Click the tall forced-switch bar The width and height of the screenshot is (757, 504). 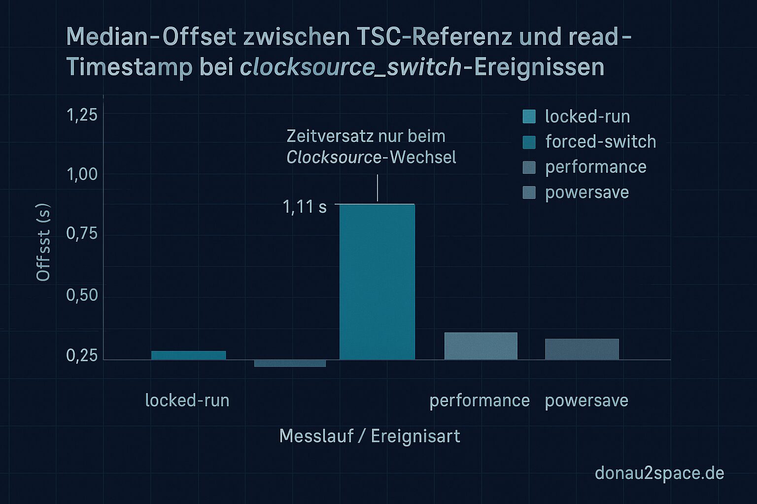click(x=377, y=282)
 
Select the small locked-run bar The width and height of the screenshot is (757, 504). click(x=188, y=355)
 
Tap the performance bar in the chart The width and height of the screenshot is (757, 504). click(x=481, y=346)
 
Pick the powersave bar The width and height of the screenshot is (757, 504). click(x=582, y=349)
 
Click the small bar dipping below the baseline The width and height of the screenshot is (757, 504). click(x=290, y=363)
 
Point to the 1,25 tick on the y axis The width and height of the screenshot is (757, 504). click(x=82, y=115)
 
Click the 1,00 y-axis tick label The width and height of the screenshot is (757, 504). click(x=82, y=174)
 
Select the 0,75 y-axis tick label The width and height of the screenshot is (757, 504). click(x=82, y=234)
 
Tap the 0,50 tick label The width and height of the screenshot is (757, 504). click(x=82, y=295)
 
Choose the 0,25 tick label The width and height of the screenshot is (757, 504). click(x=82, y=355)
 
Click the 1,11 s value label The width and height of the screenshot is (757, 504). click(x=305, y=207)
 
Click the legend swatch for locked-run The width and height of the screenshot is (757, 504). click(x=529, y=117)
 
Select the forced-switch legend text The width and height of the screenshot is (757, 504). click(x=600, y=142)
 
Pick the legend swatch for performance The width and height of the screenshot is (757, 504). click(x=529, y=167)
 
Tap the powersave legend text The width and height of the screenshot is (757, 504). click(x=586, y=192)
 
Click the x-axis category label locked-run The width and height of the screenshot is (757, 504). click(x=187, y=401)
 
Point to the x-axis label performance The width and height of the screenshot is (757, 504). click(x=480, y=401)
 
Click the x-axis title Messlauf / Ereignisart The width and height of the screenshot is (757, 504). click(x=370, y=436)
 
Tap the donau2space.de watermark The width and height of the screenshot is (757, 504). click(x=659, y=473)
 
